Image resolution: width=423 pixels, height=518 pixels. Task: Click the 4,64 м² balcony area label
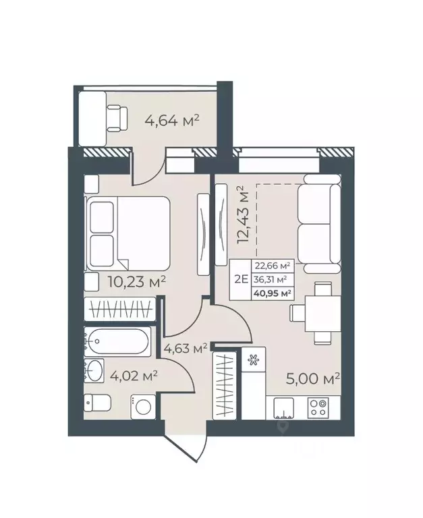pyautogui.click(x=171, y=121)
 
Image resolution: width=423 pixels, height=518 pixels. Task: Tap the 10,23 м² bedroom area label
pyautogui.click(x=136, y=281)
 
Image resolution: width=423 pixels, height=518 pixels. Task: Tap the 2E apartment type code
pyautogui.click(x=239, y=279)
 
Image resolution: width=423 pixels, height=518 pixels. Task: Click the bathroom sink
pyautogui.click(x=95, y=370)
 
